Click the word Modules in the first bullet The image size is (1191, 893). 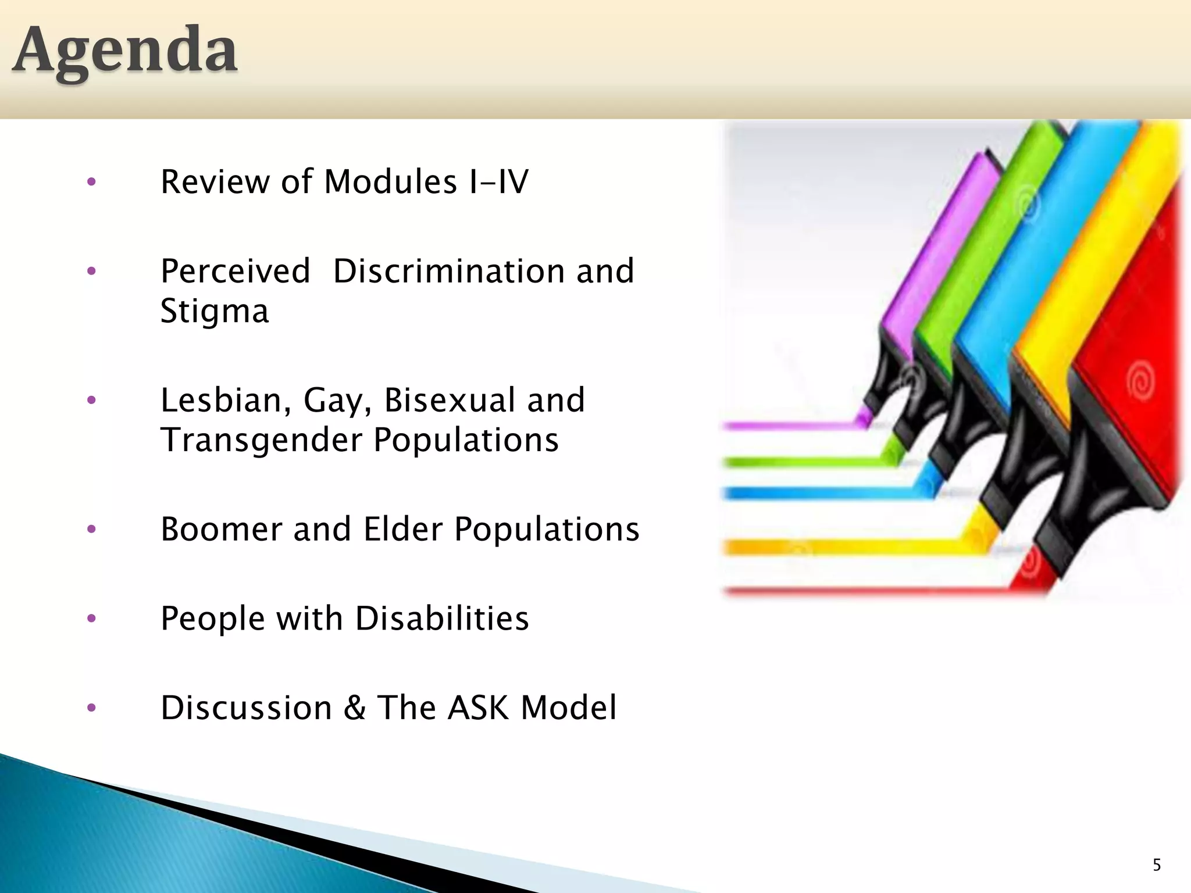click(390, 182)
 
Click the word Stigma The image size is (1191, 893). click(215, 312)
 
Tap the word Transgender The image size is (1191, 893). click(261, 440)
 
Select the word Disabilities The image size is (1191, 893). click(442, 619)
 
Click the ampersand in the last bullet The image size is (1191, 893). click(354, 708)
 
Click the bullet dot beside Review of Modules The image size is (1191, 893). click(91, 183)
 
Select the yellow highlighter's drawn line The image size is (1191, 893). click(843, 546)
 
